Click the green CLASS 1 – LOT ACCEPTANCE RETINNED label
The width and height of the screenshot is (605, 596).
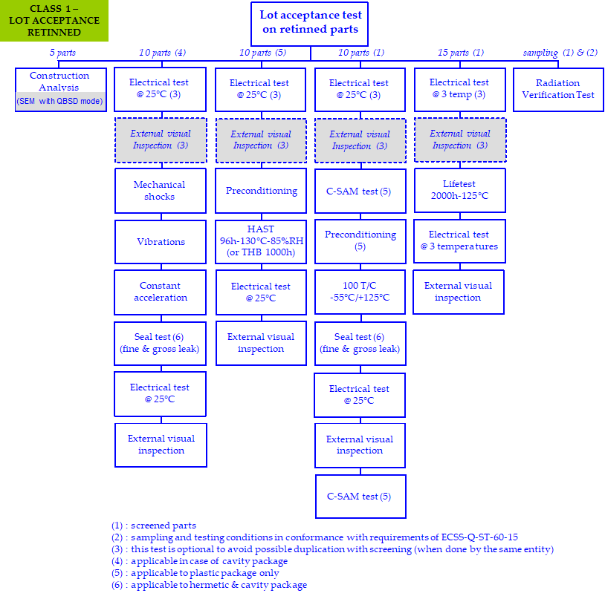(54, 21)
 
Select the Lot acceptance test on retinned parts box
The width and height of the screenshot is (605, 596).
(310, 23)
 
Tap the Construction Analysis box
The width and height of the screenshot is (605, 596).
(59, 81)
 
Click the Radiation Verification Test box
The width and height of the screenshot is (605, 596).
(558, 89)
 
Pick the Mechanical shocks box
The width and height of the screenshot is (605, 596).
(160, 191)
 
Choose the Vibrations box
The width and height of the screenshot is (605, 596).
(160, 242)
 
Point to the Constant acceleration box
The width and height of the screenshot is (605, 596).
(160, 292)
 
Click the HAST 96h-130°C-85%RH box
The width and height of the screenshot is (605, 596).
(260, 242)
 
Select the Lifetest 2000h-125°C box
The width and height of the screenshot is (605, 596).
(459, 190)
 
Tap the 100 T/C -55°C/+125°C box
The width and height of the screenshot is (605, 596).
(360, 292)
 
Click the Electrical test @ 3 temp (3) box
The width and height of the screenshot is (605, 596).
(459, 89)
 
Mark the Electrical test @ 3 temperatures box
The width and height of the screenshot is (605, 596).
(459, 240)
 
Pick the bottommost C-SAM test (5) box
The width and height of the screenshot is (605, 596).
(360, 497)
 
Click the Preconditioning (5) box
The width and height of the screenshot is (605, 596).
(360, 240)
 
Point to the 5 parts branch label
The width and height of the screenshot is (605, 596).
(62, 53)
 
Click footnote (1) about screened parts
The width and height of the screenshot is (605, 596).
(154, 525)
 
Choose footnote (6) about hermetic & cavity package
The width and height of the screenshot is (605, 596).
(209, 585)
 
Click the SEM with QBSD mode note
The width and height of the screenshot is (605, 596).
(59, 101)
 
